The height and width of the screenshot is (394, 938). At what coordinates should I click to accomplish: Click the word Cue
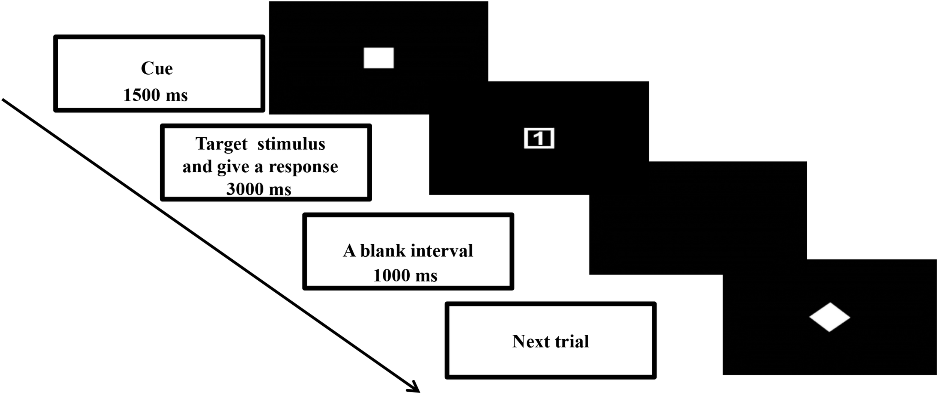157,69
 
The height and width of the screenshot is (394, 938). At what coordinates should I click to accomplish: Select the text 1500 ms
155,95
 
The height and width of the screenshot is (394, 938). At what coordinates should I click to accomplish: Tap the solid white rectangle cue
379,58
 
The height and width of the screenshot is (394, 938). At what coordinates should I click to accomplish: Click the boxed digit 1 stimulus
539,138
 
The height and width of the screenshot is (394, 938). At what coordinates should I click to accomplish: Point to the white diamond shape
829,317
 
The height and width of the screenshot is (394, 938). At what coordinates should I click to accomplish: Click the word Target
221,144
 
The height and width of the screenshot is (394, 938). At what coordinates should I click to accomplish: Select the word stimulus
291,144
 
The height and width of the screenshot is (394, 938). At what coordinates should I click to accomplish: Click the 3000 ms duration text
259,189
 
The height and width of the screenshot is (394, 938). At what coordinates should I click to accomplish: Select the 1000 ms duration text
405,276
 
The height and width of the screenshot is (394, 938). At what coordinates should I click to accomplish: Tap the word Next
529,341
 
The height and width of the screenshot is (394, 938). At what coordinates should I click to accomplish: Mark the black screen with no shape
698,218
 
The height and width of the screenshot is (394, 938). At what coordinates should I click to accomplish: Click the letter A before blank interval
349,251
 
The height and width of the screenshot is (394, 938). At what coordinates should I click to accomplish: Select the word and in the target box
197,167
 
